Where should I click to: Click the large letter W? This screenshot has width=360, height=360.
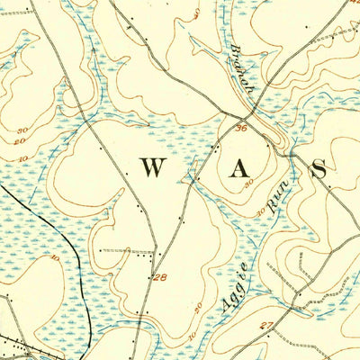[152, 167]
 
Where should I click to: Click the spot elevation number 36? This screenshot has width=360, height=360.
[240, 129]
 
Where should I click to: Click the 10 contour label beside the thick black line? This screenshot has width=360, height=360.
[56, 258]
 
